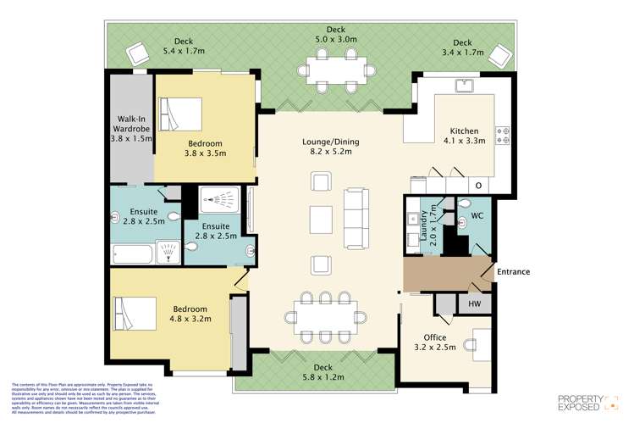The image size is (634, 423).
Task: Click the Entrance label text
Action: (x=512, y=272)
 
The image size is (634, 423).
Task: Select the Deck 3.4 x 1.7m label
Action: (x=462, y=47)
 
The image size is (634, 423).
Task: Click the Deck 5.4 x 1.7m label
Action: (x=184, y=46)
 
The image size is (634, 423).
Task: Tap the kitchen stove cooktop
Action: (x=504, y=131)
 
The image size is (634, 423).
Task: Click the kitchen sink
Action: (x=463, y=86)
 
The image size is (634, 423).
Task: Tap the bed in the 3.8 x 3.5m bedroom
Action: (x=183, y=114)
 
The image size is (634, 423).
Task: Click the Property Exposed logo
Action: (x=589, y=402)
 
